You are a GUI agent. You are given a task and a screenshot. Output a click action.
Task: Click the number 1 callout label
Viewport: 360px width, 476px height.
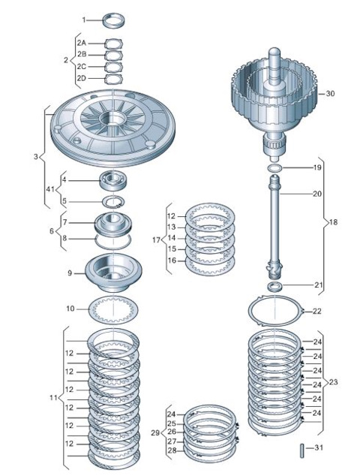click(85, 20)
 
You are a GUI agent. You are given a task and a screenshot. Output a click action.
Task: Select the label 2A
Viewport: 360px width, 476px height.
click(82, 44)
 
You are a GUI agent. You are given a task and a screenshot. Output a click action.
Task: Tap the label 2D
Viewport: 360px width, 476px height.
click(82, 78)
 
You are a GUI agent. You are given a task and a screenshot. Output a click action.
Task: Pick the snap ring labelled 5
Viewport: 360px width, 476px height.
click(114, 200)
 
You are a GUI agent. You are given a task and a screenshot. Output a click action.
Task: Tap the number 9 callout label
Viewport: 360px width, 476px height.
click(70, 273)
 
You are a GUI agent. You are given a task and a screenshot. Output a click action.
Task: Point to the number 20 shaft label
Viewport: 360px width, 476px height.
click(317, 194)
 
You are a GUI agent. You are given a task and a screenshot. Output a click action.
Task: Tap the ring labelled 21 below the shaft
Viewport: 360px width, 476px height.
click(276, 287)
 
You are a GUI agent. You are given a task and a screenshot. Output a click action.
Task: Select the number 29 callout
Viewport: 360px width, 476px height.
click(154, 433)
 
